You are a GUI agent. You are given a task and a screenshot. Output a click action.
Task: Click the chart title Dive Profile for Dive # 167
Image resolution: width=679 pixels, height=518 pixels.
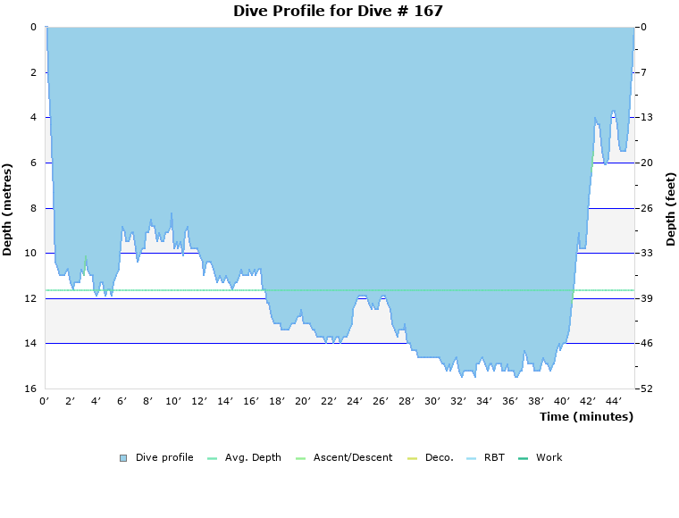pyautogui.click(x=338, y=11)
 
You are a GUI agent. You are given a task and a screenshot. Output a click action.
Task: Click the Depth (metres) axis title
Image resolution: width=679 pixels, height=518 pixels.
pyautogui.click(x=8, y=209)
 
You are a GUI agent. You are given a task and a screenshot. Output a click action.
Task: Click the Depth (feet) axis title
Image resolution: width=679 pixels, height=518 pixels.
pyautogui.click(x=671, y=209)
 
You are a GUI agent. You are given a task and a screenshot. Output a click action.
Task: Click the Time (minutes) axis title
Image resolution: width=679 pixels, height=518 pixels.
pyautogui.click(x=586, y=417)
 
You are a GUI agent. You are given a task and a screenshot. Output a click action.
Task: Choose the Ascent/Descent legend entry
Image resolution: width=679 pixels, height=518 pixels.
pyautogui.click(x=344, y=457)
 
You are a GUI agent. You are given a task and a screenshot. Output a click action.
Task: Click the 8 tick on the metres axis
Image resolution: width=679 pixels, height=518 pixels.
pyautogui.click(x=32, y=208)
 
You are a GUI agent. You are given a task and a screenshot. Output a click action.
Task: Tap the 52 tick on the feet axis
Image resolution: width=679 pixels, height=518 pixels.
pyautogui.click(x=646, y=388)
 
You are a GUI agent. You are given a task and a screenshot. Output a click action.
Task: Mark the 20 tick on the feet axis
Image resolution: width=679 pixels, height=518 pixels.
pyautogui.click(x=646, y=163)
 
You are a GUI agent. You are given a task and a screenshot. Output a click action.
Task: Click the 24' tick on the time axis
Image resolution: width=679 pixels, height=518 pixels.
pyautogui.click(x=355, y=402)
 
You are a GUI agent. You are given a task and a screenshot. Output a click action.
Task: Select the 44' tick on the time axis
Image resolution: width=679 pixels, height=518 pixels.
pyautogui.click(x=614, y=402)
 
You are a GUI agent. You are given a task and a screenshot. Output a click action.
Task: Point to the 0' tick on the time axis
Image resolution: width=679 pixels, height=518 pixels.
pyautogui.click(x=45, y=402)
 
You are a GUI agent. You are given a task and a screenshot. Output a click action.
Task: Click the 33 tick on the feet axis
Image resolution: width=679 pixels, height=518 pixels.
pyautogui.click(x=646, y=253)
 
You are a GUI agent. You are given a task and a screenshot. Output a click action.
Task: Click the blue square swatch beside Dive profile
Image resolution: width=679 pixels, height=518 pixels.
pyautogui.click(x=123, y=458)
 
